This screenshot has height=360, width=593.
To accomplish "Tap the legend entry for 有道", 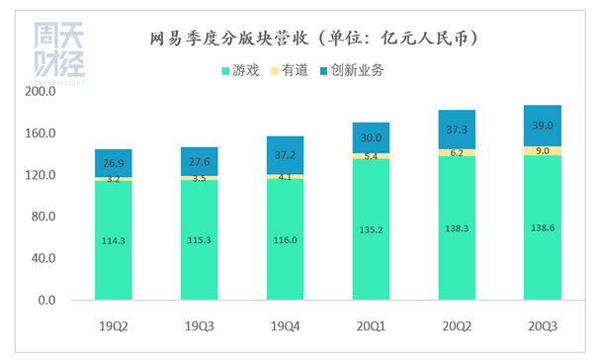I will (296, 70).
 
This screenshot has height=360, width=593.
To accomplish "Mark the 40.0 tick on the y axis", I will (43, 258).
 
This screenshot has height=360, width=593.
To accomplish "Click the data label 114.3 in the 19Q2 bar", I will (114, 240).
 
